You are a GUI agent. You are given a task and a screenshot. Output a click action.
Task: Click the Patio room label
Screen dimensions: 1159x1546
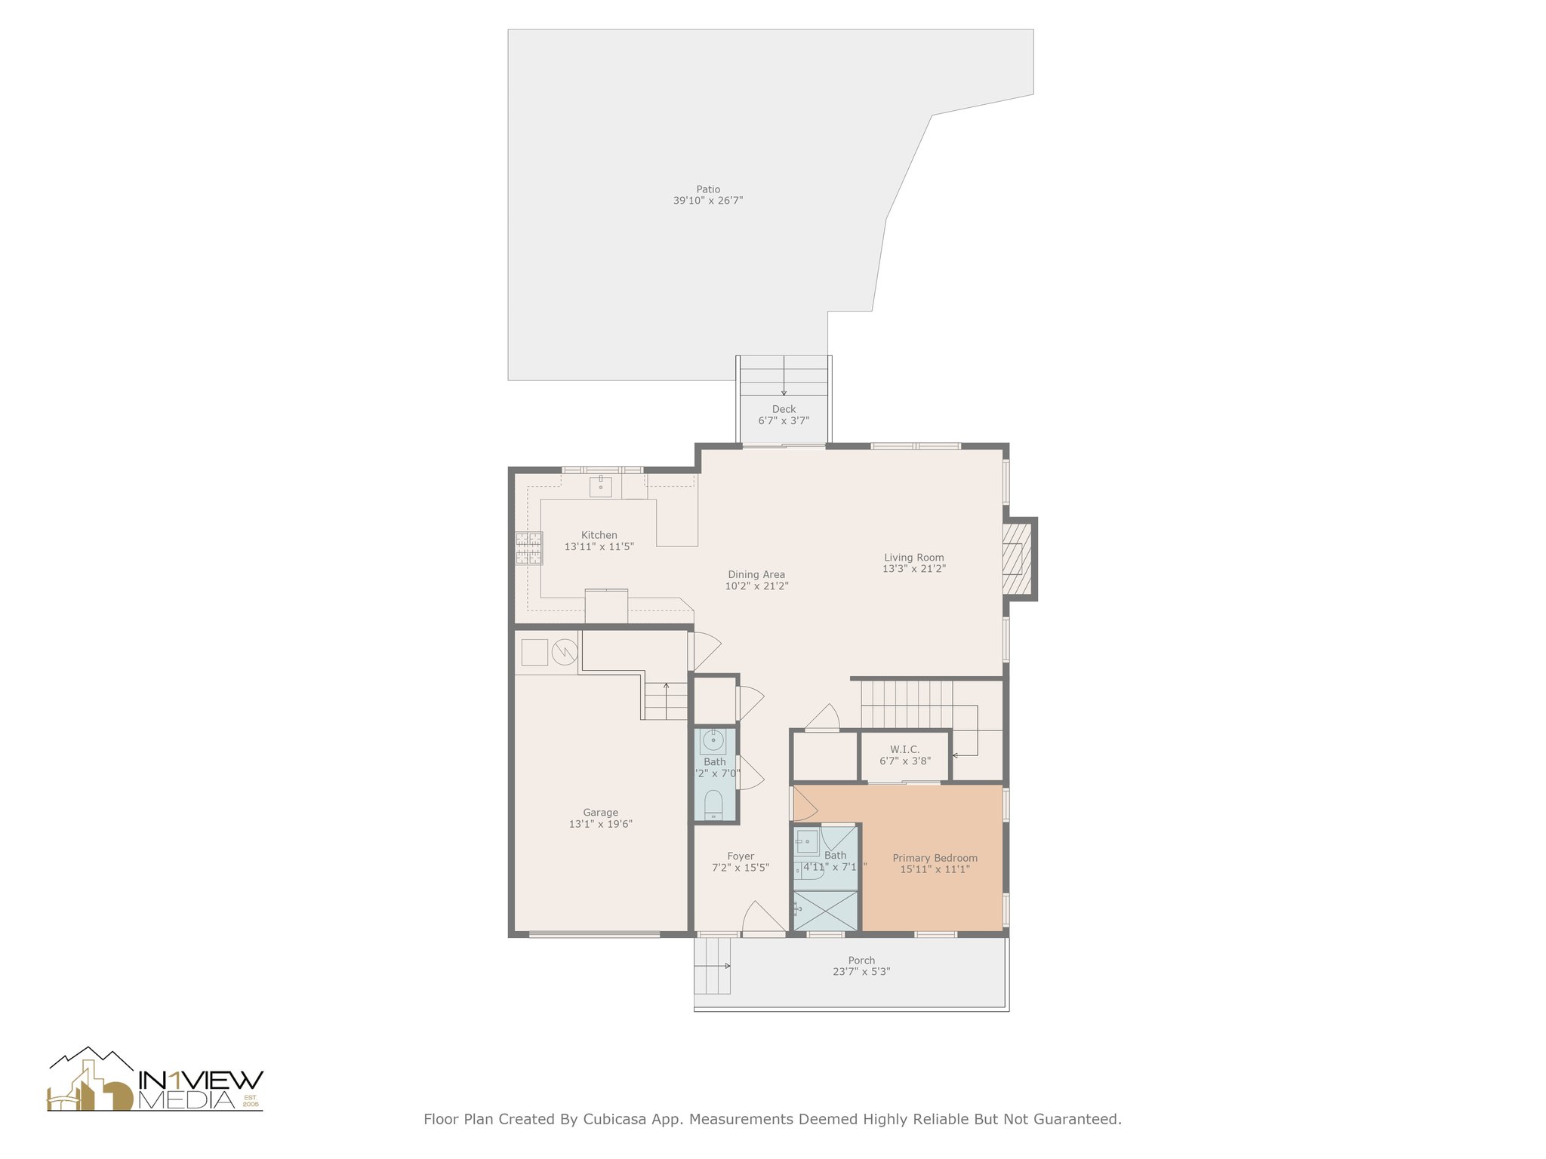(x=707, y=189)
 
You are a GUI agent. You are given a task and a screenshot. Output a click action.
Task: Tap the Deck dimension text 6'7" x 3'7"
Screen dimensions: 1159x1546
(x=784, y=421)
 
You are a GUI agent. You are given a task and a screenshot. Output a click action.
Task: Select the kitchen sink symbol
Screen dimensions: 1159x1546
(x=600, y=487)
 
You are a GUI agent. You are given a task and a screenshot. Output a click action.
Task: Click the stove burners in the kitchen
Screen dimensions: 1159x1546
(x=528, y=549)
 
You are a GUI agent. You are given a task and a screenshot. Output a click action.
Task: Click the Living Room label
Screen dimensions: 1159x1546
(x=913, y=558)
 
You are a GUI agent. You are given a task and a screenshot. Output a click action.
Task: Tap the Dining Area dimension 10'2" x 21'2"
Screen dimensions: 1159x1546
(x=756, y=586)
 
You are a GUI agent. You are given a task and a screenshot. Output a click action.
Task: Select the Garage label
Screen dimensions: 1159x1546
(x=600, y=813)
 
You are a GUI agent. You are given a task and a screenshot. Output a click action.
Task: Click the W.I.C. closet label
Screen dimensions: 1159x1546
(x=904, y=749)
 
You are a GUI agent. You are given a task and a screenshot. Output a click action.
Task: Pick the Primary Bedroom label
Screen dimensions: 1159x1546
(x=935, y=858)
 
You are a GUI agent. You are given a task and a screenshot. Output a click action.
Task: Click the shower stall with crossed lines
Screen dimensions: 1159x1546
(x=825, y=911)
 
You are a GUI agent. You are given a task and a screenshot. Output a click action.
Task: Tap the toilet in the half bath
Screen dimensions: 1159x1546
(x=713, y=804)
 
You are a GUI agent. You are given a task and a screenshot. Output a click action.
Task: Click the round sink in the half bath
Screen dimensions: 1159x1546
(x=713, y=741)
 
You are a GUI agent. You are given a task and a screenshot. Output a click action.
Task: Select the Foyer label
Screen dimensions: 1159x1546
(x=741, y=856)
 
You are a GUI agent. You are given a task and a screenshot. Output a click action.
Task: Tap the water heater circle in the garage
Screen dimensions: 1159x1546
(x=564, y=651)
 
